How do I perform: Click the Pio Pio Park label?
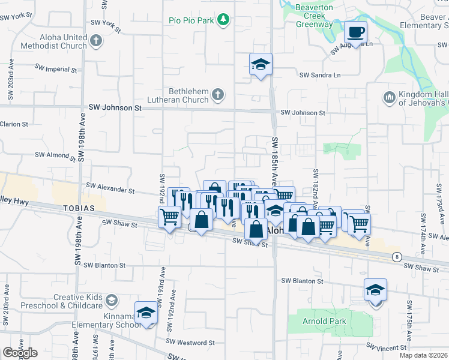[x=191, y=20]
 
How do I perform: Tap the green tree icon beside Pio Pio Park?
[x=223, y=20]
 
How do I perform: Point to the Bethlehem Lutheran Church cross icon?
[x=217, y=94]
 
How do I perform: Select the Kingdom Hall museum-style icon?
[x=388, y=97]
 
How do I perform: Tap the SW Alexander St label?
[x=110, y=188]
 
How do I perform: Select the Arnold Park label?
[x=324, y=321]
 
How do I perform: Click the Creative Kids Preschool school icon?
[x=111, y=299]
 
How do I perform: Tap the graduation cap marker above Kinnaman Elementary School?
[x=146, y=313]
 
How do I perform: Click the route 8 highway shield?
[x=396, y=257]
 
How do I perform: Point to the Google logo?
[x=20, y=353]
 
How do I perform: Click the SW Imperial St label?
[x=56, y=68]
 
